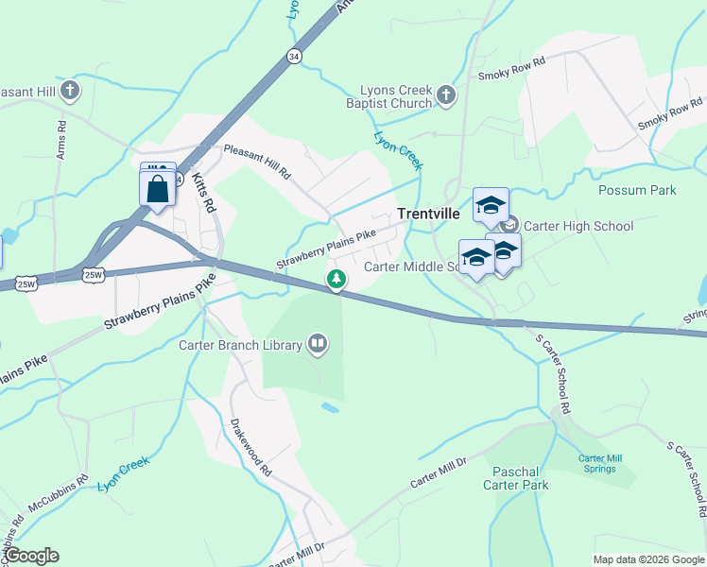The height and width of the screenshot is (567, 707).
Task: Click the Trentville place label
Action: point(428,214)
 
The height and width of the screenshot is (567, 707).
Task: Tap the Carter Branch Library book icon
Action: point(319,345)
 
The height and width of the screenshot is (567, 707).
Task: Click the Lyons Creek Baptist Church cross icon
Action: point(445,94)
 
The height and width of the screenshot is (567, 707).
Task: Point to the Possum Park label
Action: point(637,190)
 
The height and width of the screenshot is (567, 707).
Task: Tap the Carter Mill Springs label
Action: point(600,463)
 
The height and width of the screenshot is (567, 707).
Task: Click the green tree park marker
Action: point(336,279)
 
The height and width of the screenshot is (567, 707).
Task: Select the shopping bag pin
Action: point(157,188)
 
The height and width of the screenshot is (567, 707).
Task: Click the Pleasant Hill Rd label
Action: point(256,163)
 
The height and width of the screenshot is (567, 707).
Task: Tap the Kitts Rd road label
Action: point(204,192)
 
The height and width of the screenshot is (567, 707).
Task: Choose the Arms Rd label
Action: point(61,138)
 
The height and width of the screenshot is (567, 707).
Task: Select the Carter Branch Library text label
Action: point(241,345)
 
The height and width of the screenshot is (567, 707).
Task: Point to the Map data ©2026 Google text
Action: point(648,559)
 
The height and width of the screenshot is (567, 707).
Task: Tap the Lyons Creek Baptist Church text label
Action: point(389,95)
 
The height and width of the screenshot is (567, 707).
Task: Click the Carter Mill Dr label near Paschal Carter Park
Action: point(439,472)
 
